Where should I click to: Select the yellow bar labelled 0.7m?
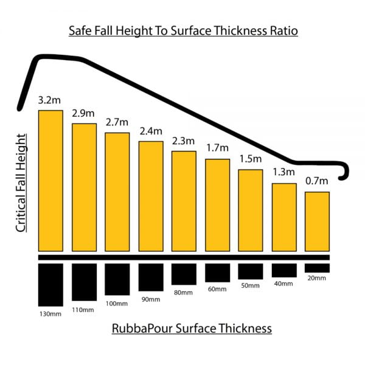(317, 221)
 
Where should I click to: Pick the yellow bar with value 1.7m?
(217, 205)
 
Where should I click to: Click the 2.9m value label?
(84, 114)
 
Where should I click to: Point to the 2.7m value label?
(117, 123)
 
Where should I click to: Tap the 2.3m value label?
(184, 141)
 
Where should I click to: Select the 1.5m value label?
(250, 160)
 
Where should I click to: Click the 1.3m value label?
(283, 173)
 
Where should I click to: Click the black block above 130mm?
(50, 285)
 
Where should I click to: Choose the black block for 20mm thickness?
(317, 268)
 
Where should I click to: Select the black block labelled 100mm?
(117, 279)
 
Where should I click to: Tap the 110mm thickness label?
(84, 310)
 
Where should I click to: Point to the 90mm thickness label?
(150, 299)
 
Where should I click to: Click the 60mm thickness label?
(217, 289)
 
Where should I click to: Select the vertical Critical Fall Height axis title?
(21, 182)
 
